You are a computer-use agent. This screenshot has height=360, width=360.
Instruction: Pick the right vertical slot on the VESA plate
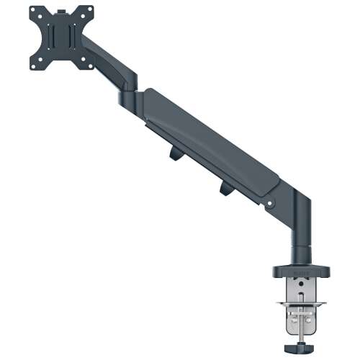coord(76,40)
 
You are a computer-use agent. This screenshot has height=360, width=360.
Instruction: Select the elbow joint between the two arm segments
coord(130,90)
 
